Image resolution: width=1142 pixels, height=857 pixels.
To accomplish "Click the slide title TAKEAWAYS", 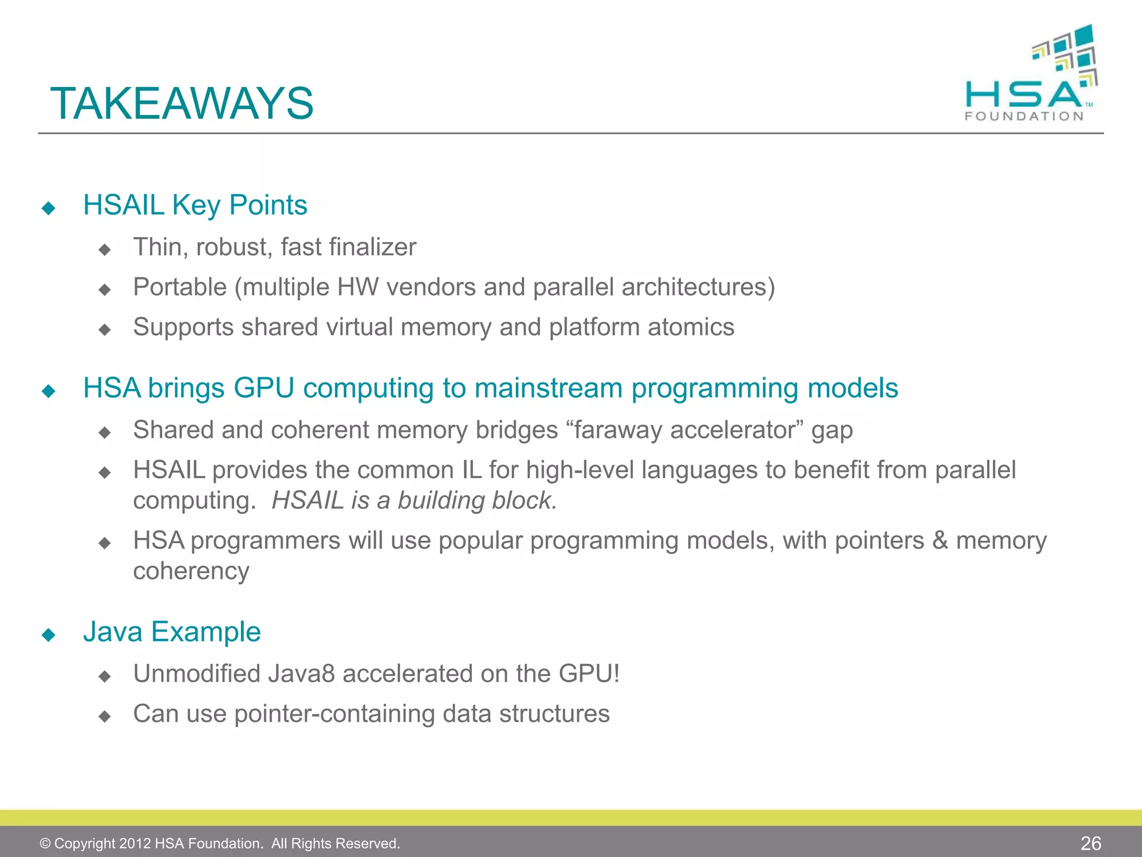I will click(x=182, y=104).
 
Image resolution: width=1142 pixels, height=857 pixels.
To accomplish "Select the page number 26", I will click(x=1091, y=843).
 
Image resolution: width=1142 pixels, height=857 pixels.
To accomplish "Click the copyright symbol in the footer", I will click(x=45, y=844).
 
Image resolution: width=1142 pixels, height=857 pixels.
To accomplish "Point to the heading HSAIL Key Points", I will click(x=195, y=205).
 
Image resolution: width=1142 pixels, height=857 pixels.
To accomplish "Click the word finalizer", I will click(x=372, y=247).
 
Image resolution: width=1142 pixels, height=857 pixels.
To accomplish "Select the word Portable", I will click(x=180, y=287).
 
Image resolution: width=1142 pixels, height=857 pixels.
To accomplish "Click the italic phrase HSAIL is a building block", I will click(x=414, y=500).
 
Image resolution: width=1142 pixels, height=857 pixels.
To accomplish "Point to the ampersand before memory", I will click(x=940, y=541).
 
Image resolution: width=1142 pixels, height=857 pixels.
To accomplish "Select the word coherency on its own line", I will click(x=191, y=571).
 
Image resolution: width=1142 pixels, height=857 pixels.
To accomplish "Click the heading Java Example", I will click(x=172, y=632).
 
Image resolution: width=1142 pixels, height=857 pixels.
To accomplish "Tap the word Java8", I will click(x=301, y=674).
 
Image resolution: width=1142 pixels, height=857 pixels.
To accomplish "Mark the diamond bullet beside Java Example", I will click(x=49, y=635).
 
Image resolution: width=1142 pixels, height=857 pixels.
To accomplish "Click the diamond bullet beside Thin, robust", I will click(x=104, y=249).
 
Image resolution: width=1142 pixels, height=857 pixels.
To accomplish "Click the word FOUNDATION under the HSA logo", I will click(x=1024, y=116).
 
